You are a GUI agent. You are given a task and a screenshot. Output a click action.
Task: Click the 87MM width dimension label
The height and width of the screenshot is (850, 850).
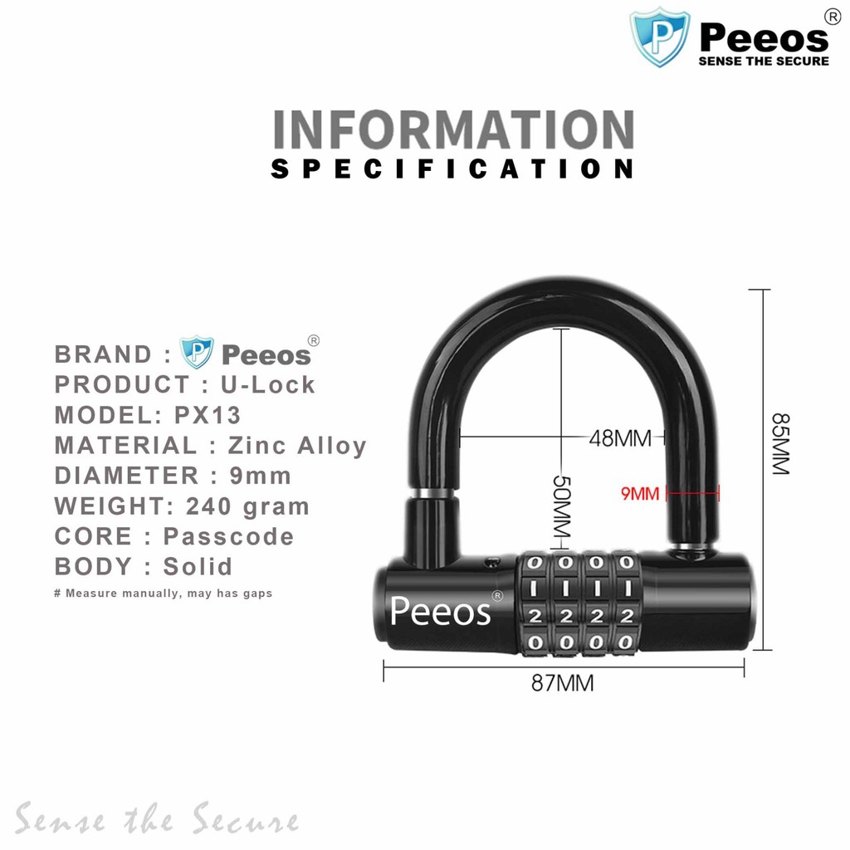point(562,683)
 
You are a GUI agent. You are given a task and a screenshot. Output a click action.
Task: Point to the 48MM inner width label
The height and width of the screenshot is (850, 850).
point(620,437)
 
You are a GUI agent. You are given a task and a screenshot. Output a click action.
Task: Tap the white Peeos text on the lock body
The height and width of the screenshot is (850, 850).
point(440,612)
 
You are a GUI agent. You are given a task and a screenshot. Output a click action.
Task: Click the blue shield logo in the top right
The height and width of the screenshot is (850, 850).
point(660,37)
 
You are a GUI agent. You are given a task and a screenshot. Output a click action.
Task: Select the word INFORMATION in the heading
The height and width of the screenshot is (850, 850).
point(453,130)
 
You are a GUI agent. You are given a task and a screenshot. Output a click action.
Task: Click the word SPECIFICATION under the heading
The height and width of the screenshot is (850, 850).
point(453,169)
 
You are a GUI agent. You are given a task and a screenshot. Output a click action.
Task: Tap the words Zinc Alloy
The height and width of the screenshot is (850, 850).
point(298,446)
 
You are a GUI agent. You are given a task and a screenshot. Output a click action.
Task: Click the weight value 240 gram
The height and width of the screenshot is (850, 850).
point(247,506)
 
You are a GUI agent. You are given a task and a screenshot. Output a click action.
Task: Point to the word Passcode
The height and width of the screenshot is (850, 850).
point(228,536)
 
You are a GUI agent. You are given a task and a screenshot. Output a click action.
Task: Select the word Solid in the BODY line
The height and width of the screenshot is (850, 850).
point(198,567)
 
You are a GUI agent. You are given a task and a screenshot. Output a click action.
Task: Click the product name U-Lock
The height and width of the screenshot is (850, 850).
point(268,384)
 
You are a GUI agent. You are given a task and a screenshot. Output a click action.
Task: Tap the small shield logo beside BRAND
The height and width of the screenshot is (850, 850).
point(197,353)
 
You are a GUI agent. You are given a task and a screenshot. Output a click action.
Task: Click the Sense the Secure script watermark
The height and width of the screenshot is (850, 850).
point(156,820)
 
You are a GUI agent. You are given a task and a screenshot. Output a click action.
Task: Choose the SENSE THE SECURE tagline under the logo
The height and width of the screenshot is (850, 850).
point(764,61)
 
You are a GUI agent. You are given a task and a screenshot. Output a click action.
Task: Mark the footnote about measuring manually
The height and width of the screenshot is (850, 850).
point(163,594)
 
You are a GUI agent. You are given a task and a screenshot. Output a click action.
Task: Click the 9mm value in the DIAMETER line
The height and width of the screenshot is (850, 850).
point(261,476)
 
